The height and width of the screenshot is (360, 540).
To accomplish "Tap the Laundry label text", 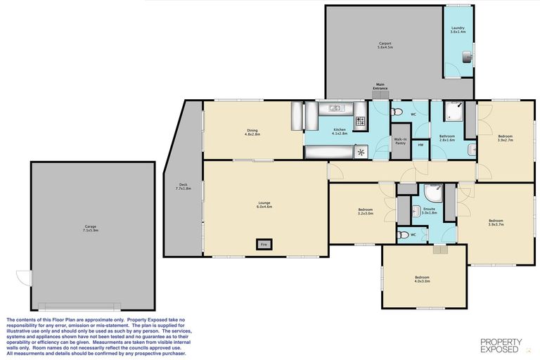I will pyautogui.click(x=458, y=30).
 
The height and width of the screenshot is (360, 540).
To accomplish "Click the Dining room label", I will pyautogui.click(x=252, y=131).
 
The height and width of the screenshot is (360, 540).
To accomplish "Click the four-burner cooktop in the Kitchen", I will pyautogui.click(x=361, y=122).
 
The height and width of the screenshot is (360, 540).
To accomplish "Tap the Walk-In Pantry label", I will pyautogui.click(x=400, y=141).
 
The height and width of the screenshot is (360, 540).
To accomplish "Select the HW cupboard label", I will pyautogui.click(x=420, y=145).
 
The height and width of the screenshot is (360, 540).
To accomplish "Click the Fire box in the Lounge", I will pyautogui.click(x=264, y=244).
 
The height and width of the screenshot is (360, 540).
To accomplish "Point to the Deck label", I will pyautogui.click(x=183, y=188).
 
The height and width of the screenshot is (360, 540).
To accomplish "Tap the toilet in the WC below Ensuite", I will pyautogui.click(x=403, y=236).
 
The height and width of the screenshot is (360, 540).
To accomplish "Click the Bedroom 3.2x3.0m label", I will pyautogui.click(x=365, y=212).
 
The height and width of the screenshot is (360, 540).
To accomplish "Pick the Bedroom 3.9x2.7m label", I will pyautogui.click(x=505, y=138).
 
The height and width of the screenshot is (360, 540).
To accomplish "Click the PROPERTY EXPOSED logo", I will pyautogui.click(x=501, y=345).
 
